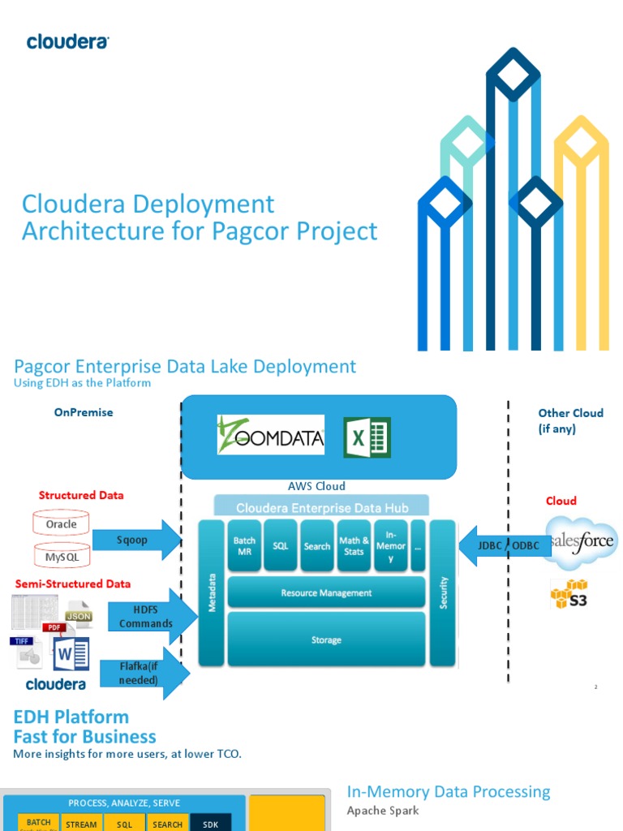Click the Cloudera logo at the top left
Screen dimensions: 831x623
pos(67,41)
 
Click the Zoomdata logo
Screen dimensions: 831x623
pos(270,436)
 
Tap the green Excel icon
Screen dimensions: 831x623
pos(367,437)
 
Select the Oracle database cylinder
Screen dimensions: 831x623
pos(61,524)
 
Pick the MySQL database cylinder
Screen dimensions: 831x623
pos(61,556)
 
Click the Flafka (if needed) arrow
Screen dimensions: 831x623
pos(141,674)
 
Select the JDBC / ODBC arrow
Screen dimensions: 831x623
pos(504,545)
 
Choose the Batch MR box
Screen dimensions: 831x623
pos(244,546)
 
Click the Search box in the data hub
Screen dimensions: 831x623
pos(317,546)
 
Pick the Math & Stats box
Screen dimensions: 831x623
pos(354,546)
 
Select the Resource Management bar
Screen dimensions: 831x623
pos(326,593)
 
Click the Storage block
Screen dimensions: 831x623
pos(326,640)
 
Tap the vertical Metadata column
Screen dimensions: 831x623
pos(212,593)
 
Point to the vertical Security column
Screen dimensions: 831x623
pos(443,593)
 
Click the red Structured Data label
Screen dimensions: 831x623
pos(81,495)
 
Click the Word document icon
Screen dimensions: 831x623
pos(70,655)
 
